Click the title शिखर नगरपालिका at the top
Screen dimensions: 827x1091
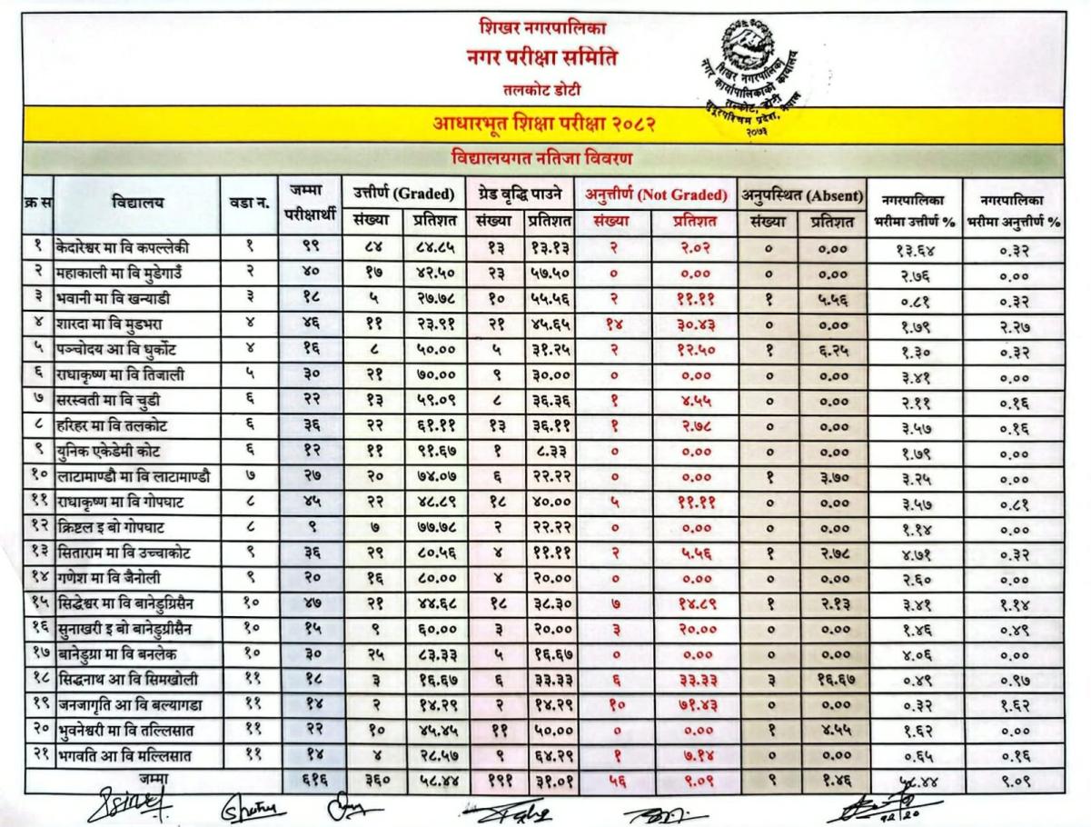point(543,28)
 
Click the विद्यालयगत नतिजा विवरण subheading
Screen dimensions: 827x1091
point(543,158)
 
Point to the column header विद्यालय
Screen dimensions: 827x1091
point(137,203)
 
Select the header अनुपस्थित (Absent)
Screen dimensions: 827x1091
point(799,193)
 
